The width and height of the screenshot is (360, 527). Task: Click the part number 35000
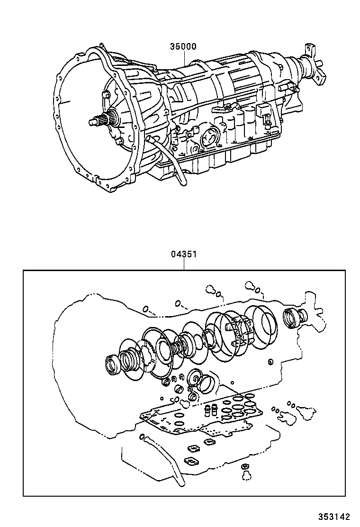(x=183, y=47)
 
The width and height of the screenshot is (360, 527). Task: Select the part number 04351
(x=183, y=254)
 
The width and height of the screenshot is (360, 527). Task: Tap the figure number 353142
(x=337, y=517)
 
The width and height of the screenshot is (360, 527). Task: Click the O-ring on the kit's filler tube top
(x=143, y=436)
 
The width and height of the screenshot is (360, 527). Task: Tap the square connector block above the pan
(x=262, y=112)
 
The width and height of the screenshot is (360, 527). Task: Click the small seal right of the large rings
(x=270, y=363)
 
